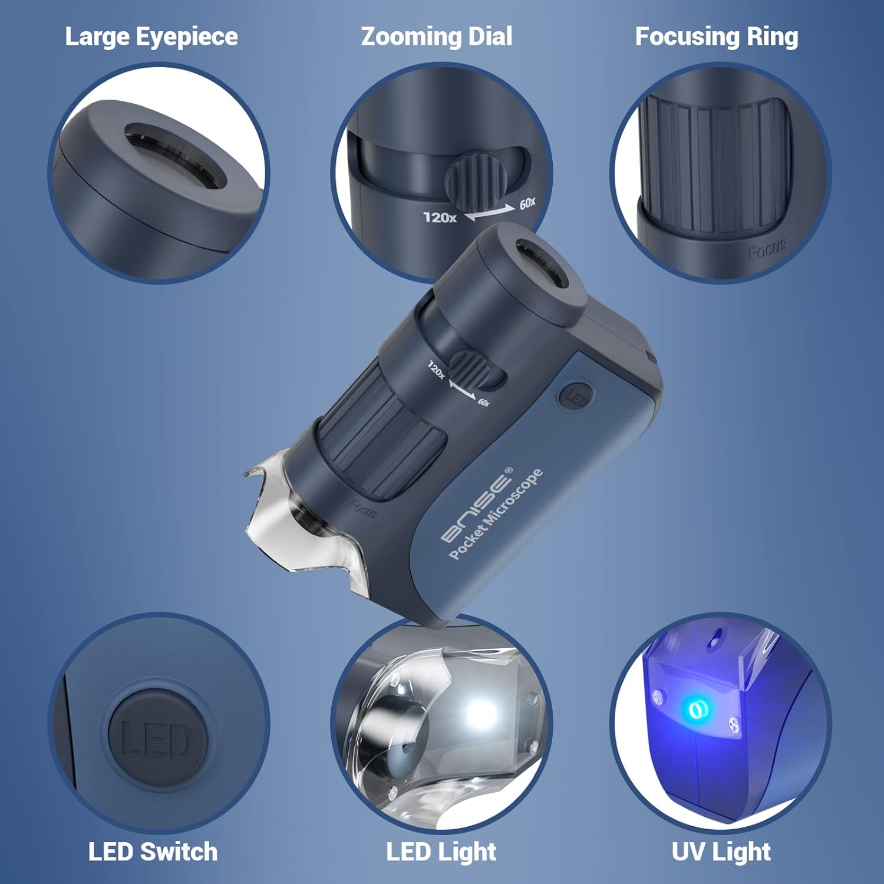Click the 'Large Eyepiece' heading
151,37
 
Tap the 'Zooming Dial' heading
437,37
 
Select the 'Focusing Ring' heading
717,37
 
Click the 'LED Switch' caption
153,852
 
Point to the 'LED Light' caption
441,852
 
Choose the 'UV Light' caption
721,852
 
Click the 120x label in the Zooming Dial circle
440,217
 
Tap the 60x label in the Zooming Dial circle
527,203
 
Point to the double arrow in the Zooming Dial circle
490,213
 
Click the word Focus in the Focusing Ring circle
767,250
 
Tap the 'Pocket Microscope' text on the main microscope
496,514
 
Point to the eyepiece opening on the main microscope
542,262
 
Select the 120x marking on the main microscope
436,370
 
